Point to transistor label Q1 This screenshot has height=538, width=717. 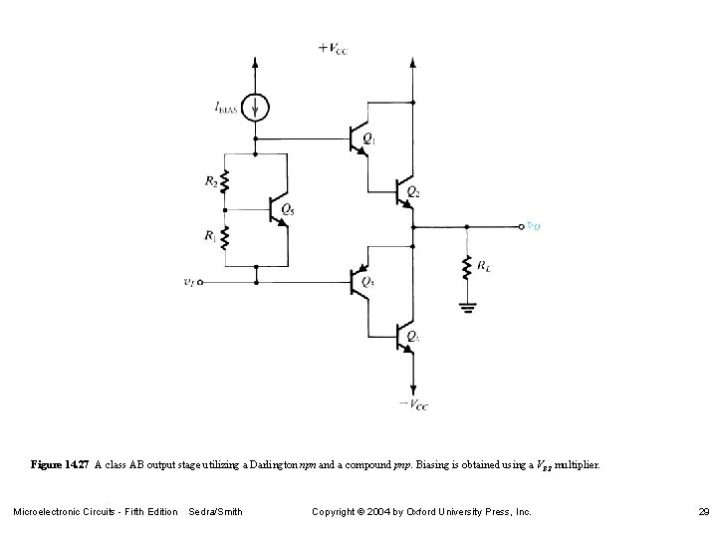point(369,139)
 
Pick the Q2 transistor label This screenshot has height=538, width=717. point(415,189)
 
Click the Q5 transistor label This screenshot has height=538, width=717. point(288,208)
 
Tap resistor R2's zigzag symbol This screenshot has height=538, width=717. point(226,182)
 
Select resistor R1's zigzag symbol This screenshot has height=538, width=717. point(226,238)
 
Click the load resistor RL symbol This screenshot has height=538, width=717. point(465,268)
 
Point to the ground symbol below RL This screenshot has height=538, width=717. point(465,306)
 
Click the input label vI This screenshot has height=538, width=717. point(190,283)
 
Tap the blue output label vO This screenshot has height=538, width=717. point(534,227)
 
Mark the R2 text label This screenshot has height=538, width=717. point(210,182)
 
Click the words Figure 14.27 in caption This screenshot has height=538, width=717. point(61,465)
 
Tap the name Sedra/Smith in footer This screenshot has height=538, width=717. point(215,511)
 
